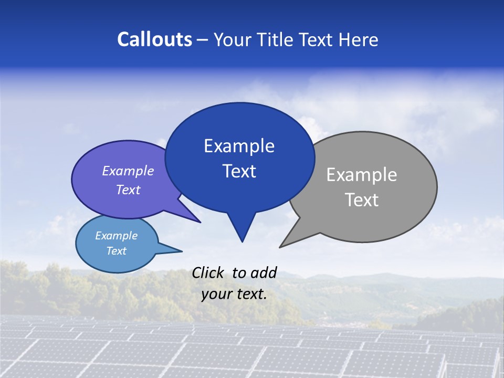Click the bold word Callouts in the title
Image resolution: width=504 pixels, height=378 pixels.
point(155,40)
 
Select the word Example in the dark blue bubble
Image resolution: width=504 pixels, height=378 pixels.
point(239,146)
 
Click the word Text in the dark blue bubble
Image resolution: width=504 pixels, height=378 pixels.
point(239,171)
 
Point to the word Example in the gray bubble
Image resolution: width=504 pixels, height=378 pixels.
point(362,175)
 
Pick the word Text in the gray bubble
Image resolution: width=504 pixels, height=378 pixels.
point(362,200)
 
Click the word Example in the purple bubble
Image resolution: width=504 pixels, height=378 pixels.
point(128,171)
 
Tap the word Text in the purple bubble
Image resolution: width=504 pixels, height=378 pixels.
point(128,190)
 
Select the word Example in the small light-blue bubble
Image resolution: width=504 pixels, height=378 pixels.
point(117,236)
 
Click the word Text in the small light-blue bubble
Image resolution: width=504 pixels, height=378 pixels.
point(117,251)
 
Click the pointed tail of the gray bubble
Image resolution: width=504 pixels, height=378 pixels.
point(281,246)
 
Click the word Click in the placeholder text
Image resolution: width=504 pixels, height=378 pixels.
point(208,272)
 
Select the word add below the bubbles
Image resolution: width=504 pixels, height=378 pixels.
point(264,272)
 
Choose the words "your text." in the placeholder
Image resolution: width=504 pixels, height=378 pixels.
point(234,294)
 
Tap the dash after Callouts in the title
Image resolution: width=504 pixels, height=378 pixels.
point(203,40)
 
